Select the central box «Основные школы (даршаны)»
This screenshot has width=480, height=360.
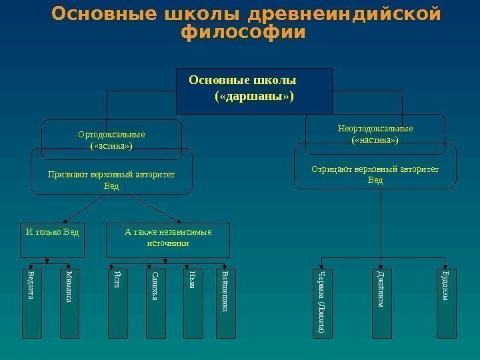coord(253,90)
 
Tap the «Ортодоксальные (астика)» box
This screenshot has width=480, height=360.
coord(111,139)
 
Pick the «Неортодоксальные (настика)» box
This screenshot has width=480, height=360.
coord(375,133)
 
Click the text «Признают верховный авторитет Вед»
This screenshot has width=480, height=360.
coord(111,179)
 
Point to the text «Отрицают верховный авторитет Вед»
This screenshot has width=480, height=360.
coord(375,175)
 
